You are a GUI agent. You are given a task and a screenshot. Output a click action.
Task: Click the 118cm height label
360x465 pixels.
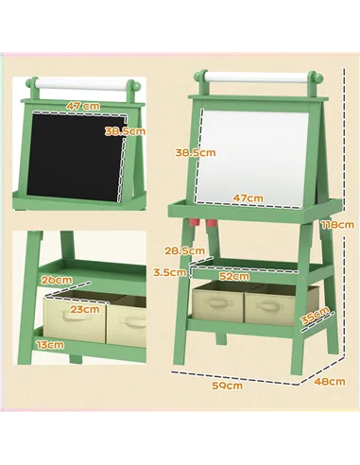click(336, 224)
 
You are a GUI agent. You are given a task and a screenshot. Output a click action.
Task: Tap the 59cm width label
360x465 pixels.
click(227, 385)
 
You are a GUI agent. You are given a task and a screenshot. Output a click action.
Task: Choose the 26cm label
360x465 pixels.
click(57, 280)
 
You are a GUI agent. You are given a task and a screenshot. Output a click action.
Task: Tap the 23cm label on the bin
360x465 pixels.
click(84, 309)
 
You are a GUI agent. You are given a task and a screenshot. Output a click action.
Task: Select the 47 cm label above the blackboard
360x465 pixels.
click(83, 105)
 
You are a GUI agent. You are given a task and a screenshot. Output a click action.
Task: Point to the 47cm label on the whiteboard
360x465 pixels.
click(248, 198)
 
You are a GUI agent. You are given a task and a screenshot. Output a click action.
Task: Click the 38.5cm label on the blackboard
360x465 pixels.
click(124, 130)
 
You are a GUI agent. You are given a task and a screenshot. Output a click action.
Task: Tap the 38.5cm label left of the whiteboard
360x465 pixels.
click(195, 151)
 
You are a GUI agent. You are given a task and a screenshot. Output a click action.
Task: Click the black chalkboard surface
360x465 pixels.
click(76, 156)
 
